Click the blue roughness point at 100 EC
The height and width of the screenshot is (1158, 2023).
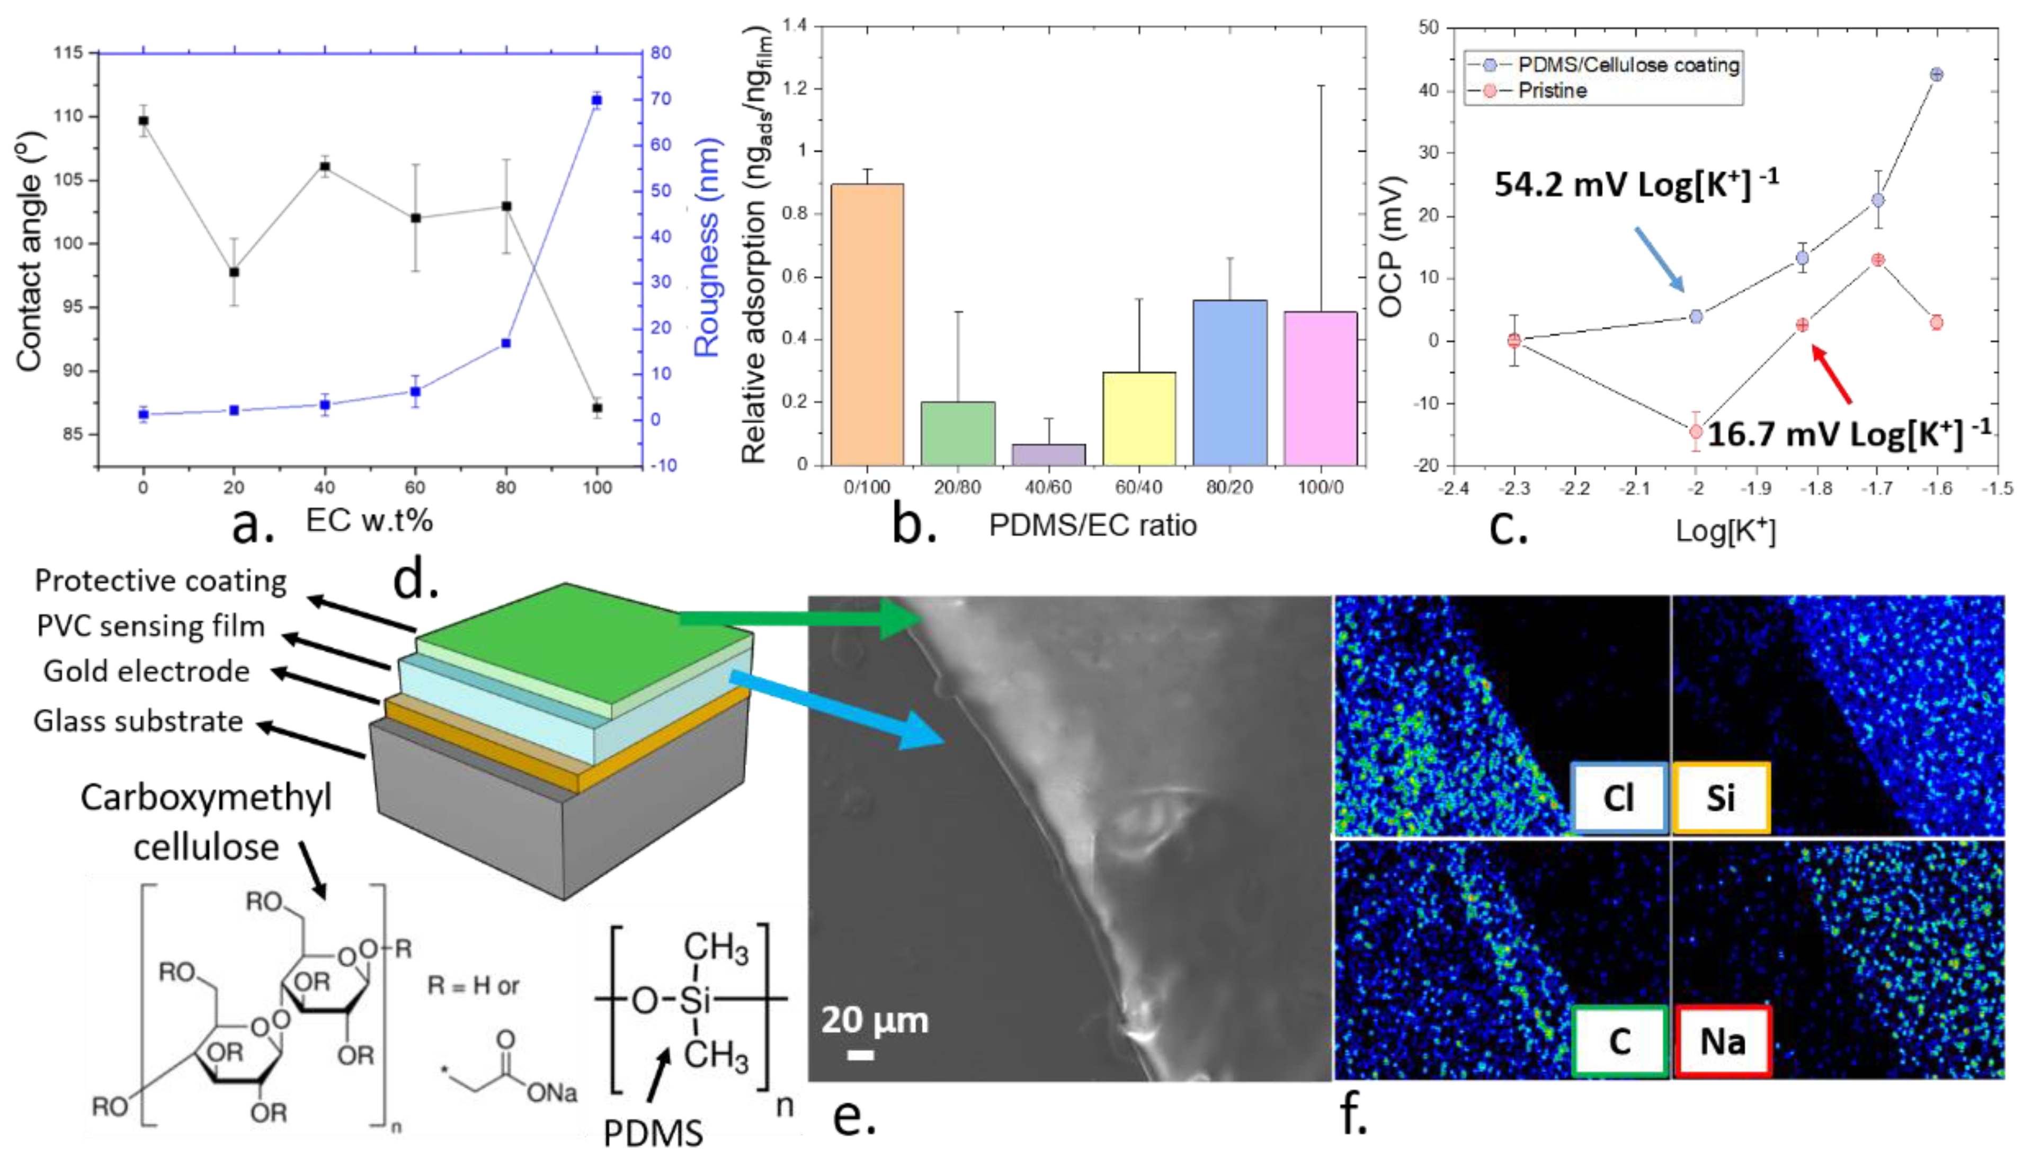(596, 100)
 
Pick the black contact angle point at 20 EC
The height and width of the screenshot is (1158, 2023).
(234, 272)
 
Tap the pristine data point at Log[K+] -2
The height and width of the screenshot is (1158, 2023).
(1696, 432)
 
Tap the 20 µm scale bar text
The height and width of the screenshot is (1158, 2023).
(874, 1020)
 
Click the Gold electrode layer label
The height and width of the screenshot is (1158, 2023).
(146, 671)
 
